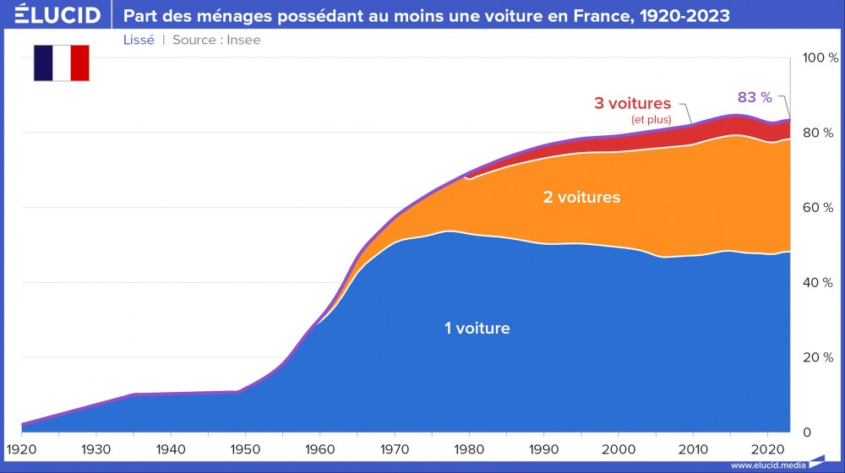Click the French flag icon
62,63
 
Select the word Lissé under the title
139,40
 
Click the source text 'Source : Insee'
216,40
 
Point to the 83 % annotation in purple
755,97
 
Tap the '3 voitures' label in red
632,103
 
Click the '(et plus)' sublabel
651,120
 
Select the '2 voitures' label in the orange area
581,197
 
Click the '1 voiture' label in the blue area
477,328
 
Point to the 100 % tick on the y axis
820,58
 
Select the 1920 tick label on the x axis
21,448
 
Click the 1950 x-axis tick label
246,448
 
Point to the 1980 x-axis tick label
470,448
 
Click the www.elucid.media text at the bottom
767,465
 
